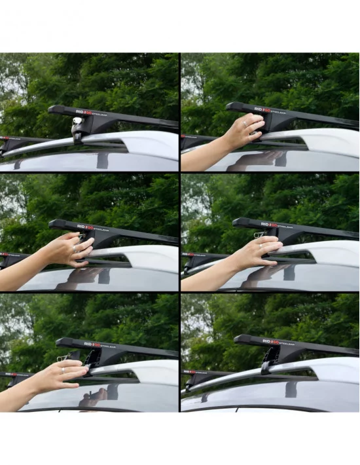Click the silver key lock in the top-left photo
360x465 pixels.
[x=78, y=122]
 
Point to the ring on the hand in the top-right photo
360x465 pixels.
[x=246, y=122]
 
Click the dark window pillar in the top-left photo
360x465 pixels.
[x=103, y=160]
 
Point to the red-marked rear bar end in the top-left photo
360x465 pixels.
[x=8, y=138]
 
